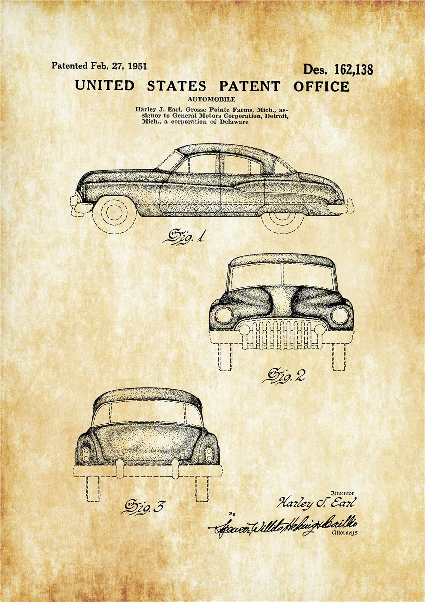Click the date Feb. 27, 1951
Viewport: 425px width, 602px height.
click(x=119, y=66)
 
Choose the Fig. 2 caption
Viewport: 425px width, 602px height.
click(x=286, y=375)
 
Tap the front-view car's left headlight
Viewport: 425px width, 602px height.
click(x=224, y=315)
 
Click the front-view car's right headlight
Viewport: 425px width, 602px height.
click(x=340, y=315)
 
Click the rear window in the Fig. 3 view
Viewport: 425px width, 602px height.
click(x=148, y=414)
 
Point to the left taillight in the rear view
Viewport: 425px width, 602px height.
click(x=86, y=454)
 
